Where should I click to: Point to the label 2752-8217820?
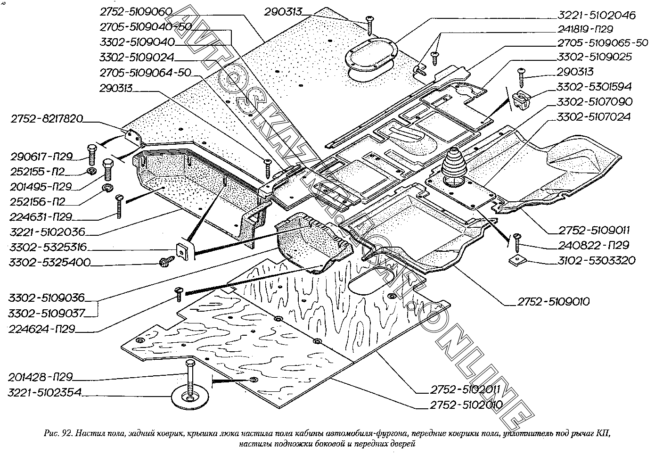click(x=46, y=120)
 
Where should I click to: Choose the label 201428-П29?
click(x=40, y=377)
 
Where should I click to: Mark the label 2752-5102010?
click(x=466, y=404)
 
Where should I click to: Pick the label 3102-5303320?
click(x=596, y=260)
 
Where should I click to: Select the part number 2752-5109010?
click(x=553, y=301)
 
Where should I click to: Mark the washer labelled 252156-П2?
click(x=108, y=190)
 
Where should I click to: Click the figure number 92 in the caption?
click(x=66, y=433)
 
